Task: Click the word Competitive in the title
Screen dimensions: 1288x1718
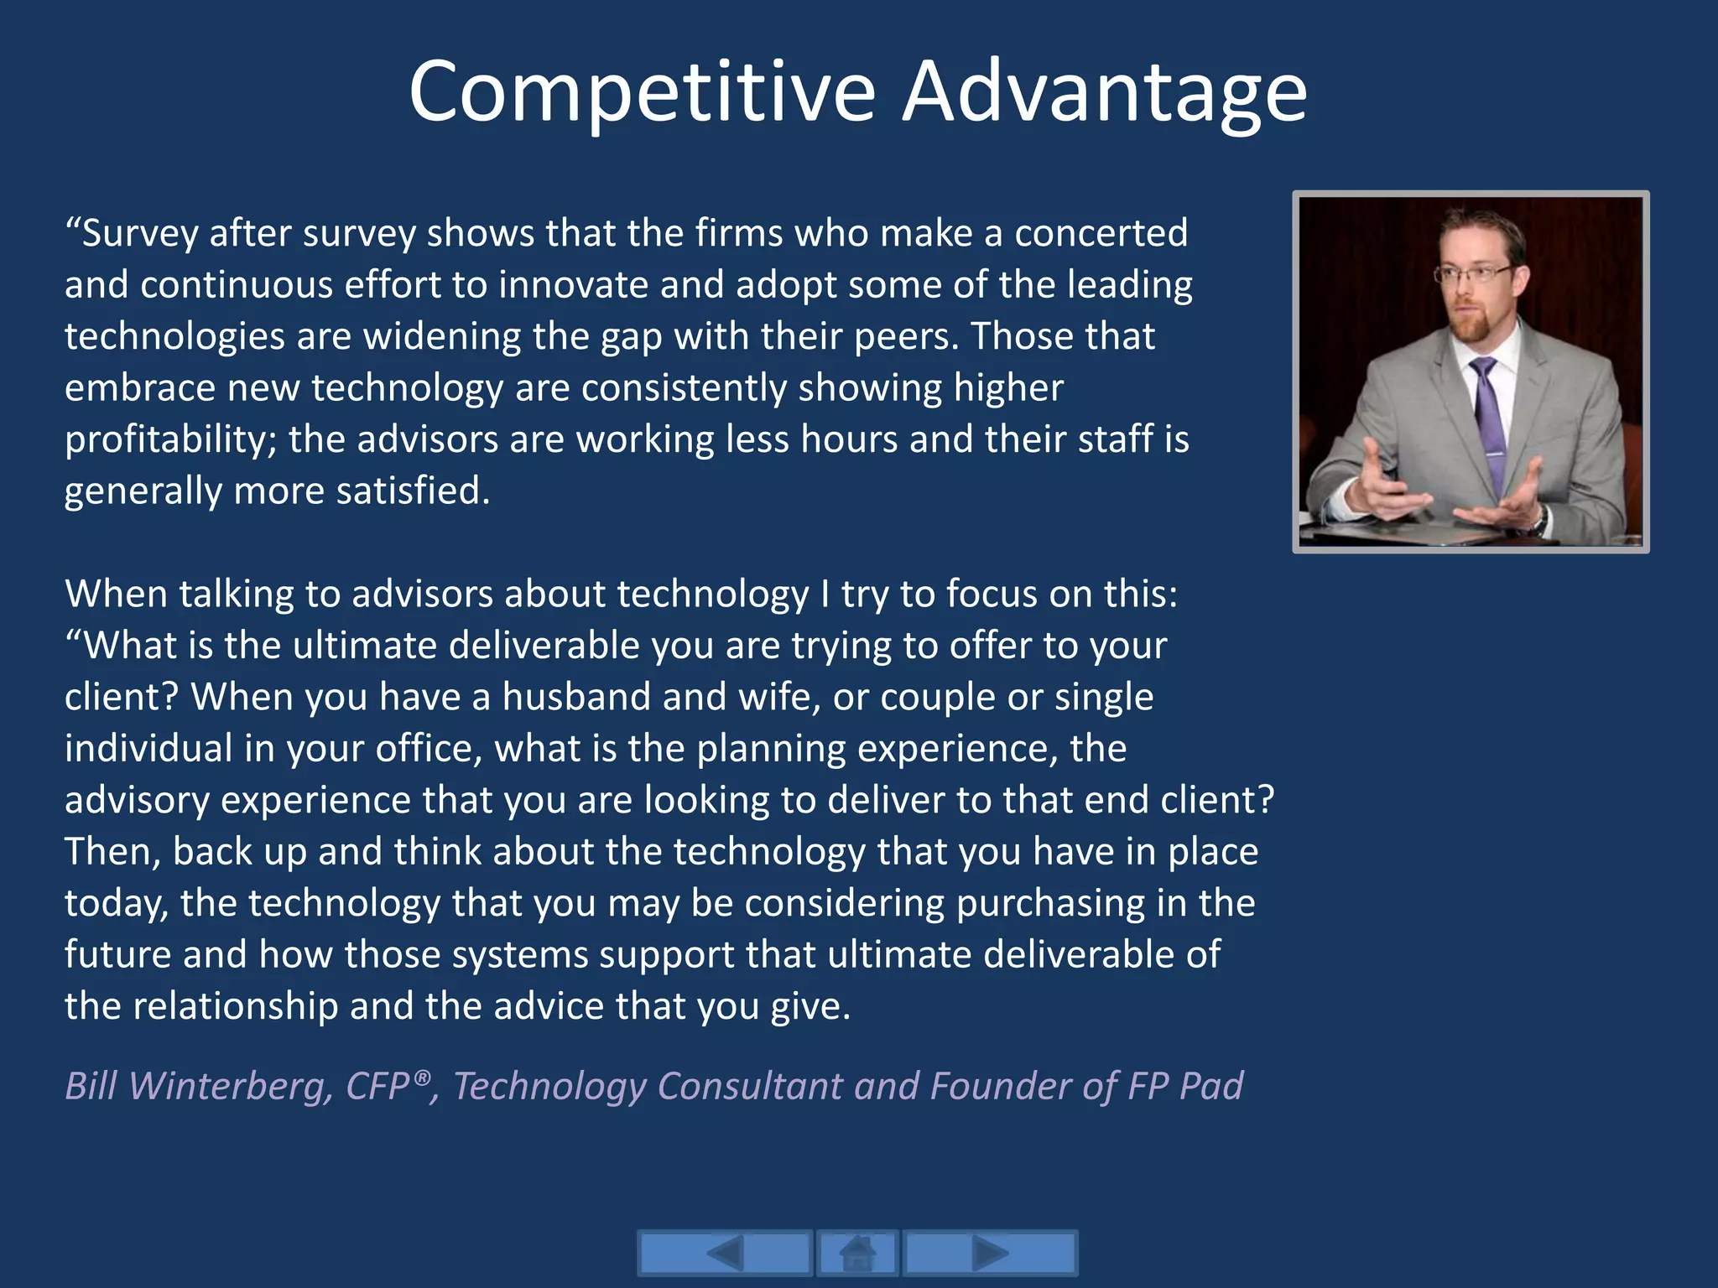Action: tap(642, 92)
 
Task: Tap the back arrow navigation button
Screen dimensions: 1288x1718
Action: tap(725, 1254)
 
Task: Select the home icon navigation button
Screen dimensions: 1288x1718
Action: tap(857, 1254)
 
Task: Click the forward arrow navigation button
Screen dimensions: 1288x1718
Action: tap(990, 1254)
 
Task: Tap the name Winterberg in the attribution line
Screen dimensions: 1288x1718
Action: tap(225, 1086)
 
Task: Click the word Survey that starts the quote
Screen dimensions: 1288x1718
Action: tap(139, 233)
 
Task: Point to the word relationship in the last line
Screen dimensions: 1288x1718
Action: tap(235, 1006)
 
